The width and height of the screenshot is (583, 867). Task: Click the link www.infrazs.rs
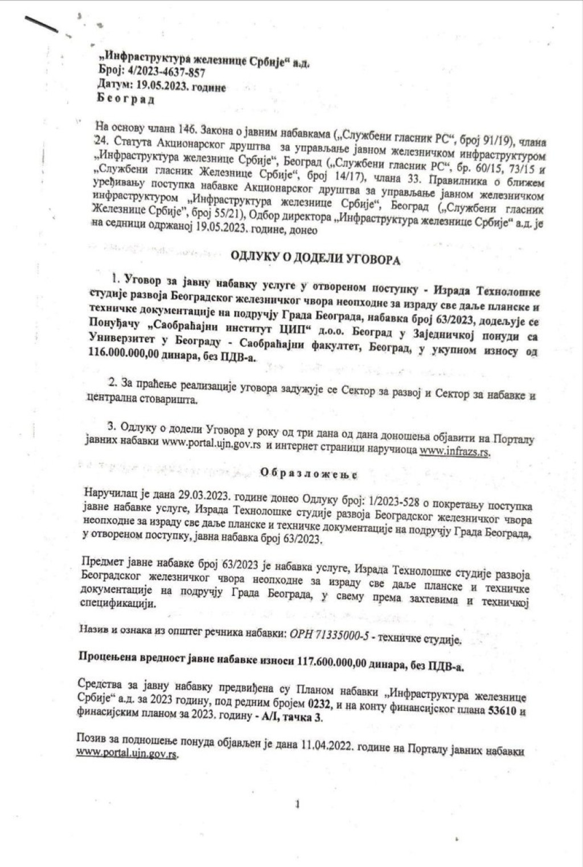click(455, 451)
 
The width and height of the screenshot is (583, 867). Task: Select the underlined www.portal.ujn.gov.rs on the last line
click(127, 753)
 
